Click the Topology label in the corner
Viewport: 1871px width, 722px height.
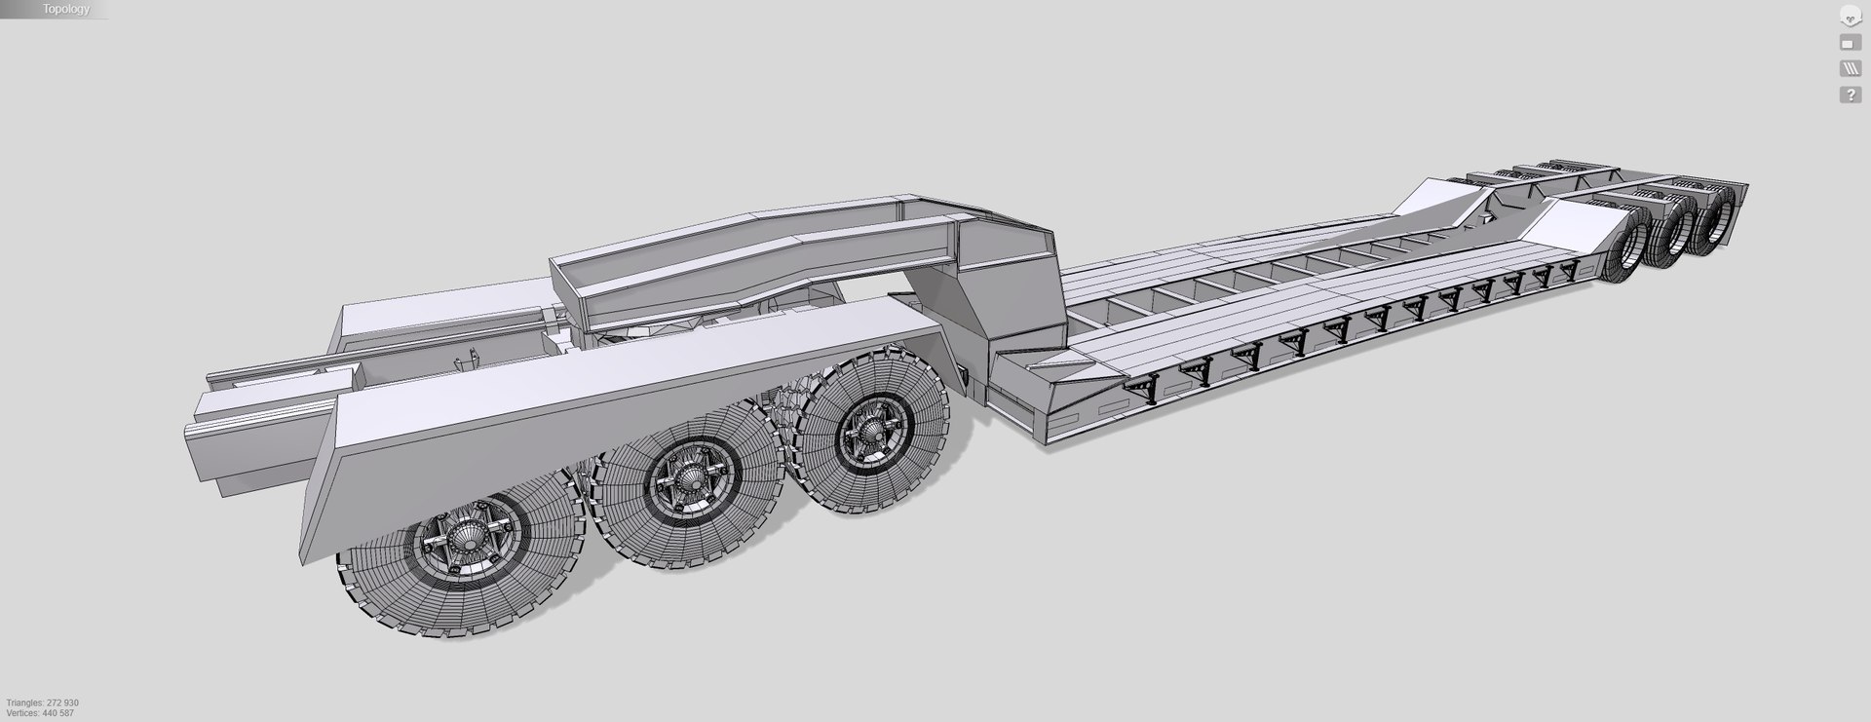click(65, 9)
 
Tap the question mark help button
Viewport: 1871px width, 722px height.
click(1849, 95)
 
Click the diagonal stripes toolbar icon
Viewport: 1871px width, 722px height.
click(1849, 69)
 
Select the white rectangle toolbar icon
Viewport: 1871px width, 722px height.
click(1849, 43)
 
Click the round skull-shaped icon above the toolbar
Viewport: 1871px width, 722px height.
click(1849, 17)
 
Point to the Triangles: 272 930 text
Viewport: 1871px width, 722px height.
click(42, 703)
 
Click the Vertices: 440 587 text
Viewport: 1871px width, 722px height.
click(40, 713)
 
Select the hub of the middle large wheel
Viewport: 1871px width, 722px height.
click(686, 478)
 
